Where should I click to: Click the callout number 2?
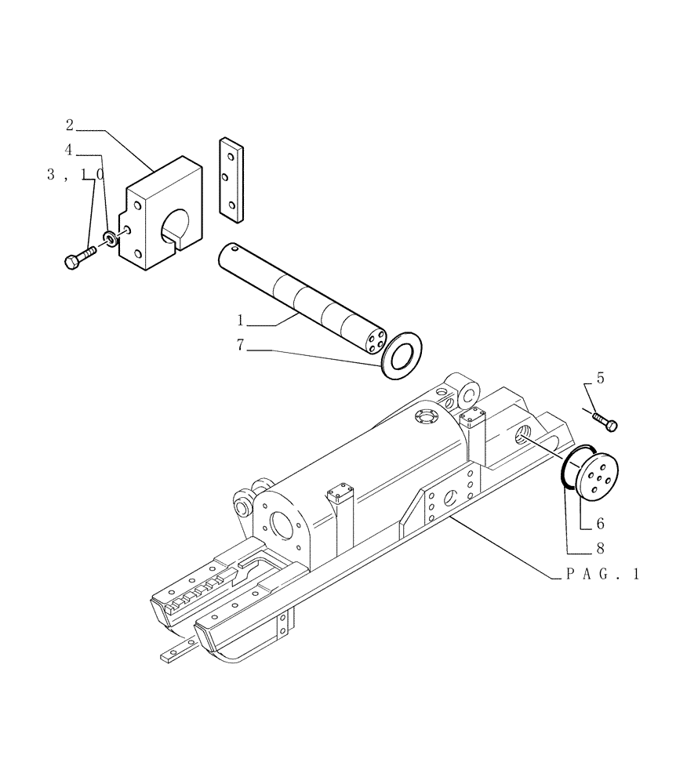pos(69,125)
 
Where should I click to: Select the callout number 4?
pos(69,149)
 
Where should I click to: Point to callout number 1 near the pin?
pos(242,320)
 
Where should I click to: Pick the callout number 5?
pos(600,378)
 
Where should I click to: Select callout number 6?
pos(600,522)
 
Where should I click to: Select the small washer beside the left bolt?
pos(111,238)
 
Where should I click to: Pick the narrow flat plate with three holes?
pos(230,178)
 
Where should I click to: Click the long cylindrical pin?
pos(302,299)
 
